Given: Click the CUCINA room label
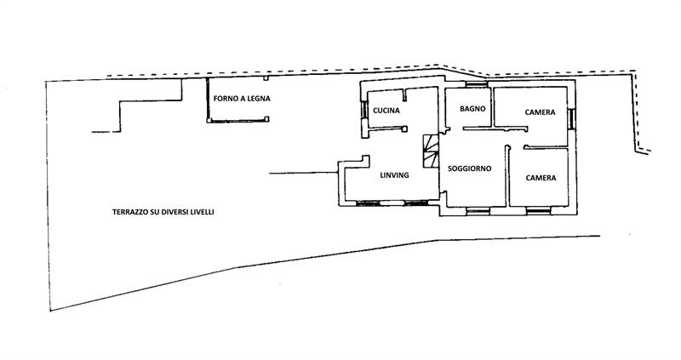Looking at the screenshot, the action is [386, 111].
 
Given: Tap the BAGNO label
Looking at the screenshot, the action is [472, 109].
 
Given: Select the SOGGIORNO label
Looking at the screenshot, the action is [470, 169].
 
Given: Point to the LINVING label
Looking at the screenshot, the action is [394, 175].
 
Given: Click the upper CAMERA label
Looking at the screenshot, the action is [540, 112].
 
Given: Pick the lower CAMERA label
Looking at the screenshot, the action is [541, 178].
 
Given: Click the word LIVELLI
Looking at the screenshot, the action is [203, 213].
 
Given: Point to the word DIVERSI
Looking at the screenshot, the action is [175, 213].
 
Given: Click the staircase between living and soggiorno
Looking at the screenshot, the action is [431, 151].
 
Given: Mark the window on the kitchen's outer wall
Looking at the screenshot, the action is [364, 110].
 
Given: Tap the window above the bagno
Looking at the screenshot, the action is [477, 84].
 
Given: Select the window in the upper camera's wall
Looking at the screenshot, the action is [571, 119].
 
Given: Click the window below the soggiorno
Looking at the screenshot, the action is [478, 211].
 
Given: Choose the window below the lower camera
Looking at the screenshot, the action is [539, 211].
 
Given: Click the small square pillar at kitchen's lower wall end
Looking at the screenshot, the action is [404, 129].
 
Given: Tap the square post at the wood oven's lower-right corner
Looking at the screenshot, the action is [266, 119].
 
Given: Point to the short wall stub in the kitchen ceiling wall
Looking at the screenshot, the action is [403, 95].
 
